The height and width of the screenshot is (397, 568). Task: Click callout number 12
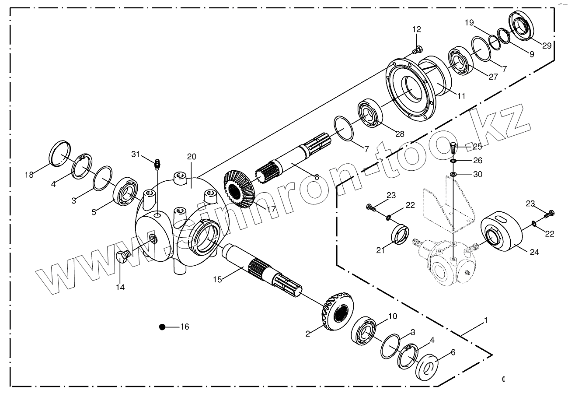point(416,29)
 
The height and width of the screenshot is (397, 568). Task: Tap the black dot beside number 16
point(162,327)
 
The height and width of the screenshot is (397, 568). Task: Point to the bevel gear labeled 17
point(240,189)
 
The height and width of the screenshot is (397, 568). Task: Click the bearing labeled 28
point(371,114)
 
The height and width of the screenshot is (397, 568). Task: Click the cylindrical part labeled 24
point(502,232)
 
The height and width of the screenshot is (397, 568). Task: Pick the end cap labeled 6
point(430,367)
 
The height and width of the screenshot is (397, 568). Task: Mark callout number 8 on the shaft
point(317,177)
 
